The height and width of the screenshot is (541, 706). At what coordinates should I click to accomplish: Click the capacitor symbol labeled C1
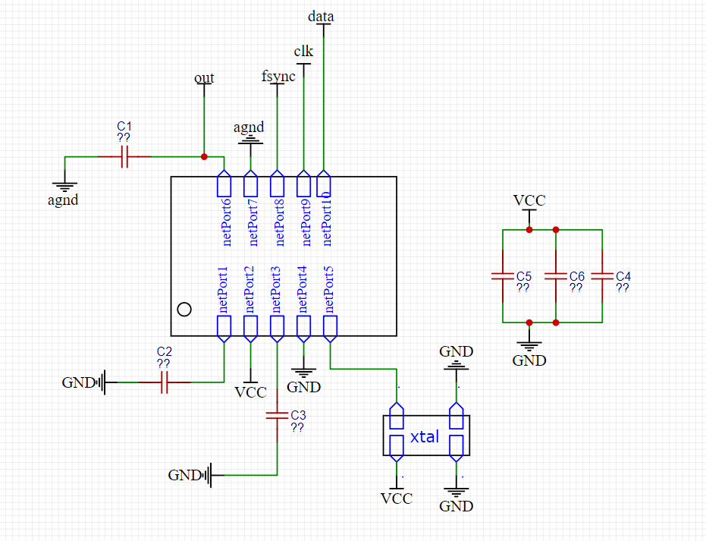click(125, 157)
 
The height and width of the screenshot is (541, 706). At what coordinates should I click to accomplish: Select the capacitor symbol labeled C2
click(164, 383)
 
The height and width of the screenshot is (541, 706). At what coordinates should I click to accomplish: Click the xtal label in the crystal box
click(425, 436)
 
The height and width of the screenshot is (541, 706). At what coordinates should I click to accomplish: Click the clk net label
click(303, 52)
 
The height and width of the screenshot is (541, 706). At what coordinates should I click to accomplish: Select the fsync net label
click(278, 76)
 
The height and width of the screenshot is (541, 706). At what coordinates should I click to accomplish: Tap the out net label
click(204, 78)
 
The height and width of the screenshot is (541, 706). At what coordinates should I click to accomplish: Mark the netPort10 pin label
click(326, 219)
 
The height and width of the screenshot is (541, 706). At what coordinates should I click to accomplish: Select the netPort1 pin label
click(223, 290)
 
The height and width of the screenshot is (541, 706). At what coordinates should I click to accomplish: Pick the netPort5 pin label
click(329, 290)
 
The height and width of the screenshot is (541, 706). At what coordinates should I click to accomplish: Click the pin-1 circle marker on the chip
click(183, 309)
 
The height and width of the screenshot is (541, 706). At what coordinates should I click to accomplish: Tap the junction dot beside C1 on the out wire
click(204, 157)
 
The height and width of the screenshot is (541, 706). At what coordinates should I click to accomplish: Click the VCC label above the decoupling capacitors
click(529, 200)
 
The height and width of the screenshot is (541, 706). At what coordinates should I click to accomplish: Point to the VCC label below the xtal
click(397, 499)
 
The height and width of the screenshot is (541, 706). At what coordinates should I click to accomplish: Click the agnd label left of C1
click(63, 201)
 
